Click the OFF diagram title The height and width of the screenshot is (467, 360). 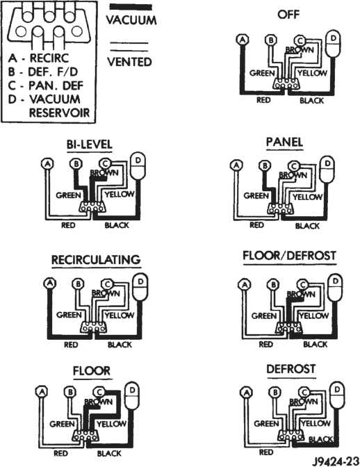tap(288, 15)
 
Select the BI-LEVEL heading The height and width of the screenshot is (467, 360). tap(90, 145)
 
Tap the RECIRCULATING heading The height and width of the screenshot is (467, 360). tap(96, 260)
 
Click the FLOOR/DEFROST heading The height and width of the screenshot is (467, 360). tap(289, 256)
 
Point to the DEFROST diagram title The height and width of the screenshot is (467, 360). tap(291, 369)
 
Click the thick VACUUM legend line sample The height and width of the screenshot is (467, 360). tap(131, 7)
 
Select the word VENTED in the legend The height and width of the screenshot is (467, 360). tap(129, 62)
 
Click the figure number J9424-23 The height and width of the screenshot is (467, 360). tap(335, 461)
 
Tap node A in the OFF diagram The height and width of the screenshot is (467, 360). tap(243, 40)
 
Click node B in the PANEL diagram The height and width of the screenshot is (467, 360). tap(264, 165)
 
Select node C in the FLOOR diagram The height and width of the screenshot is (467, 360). tap(99, 392)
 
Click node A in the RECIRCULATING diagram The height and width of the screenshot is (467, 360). tap(50, 283)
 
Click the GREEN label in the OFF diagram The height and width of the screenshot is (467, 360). tap(262, 73)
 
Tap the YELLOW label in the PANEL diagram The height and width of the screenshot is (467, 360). tap(307, 197)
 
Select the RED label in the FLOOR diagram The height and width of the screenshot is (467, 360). tap(60, 454)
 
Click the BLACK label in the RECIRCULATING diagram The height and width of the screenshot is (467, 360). tap(120, 345)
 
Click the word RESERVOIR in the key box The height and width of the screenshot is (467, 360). tap(59, 113)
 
